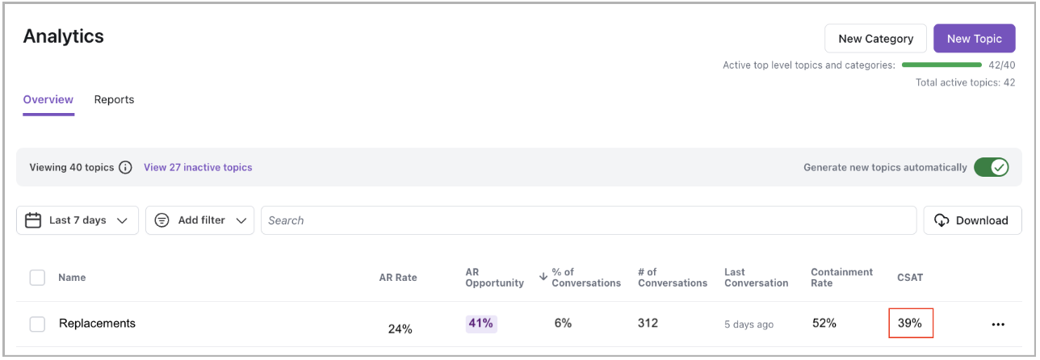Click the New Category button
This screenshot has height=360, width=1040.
875,39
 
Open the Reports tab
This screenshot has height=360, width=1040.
114,100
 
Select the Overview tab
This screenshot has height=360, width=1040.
48,100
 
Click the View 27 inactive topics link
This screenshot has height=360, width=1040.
198,168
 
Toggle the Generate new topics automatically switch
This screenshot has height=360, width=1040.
991,168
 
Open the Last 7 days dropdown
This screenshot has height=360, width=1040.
78,220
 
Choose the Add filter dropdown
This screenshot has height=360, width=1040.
199,220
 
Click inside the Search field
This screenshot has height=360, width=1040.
588,220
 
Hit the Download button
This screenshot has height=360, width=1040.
972,220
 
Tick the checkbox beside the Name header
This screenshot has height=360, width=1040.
37,278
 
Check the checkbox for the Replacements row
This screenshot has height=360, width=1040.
37,324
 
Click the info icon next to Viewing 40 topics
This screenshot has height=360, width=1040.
125,168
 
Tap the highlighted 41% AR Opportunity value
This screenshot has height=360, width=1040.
480,324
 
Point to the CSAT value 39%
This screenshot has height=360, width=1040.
910,324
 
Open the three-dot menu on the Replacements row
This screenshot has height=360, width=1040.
998,324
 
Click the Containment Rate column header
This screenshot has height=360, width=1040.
841,278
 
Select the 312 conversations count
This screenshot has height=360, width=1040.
648,324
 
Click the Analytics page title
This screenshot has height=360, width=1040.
63,36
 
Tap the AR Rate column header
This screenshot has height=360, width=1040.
398,278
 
